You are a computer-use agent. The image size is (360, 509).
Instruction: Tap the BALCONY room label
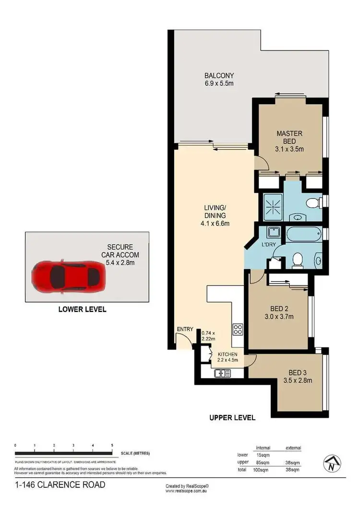[219, 79]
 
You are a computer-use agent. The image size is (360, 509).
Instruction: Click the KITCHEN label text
[228, 354]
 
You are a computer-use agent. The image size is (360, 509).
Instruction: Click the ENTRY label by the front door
[185, 329]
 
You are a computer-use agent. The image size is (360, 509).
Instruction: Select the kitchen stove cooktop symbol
[237, 329]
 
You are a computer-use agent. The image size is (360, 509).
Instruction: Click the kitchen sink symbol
[222, 372]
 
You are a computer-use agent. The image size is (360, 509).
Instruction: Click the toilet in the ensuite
[312, 203]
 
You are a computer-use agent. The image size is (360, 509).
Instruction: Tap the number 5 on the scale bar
[112, 446]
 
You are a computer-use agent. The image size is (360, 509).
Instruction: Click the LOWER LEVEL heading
[82, 309]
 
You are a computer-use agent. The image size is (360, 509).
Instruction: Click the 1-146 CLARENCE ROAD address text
[60, 485]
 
